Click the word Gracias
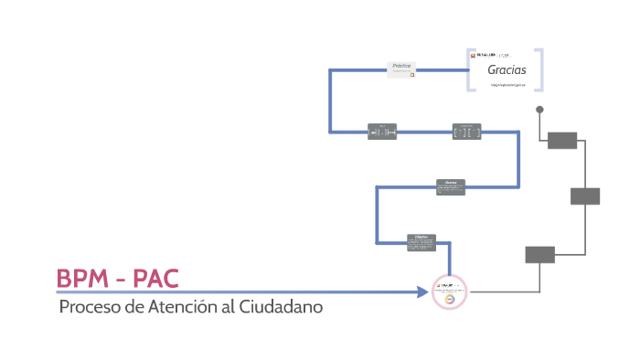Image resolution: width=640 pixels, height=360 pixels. (x=506, y=69)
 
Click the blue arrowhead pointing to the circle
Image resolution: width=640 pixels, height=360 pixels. (x=422, y=292)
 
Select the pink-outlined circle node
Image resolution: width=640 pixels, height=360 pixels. (x=449, y=292)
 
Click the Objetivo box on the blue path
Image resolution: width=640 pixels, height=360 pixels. (x=422, y=241)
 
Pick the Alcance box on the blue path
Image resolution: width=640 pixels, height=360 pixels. (x=451, y=186)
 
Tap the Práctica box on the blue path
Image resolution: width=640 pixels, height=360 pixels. (x=401, y=69)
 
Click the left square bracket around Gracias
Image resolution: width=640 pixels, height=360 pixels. (x=470, y=69)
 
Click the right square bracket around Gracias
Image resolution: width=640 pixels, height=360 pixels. (x=541, y=69)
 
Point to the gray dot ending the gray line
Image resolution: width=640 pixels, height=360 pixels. (x=539, y=110)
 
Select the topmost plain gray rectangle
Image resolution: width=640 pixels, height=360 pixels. (x=561, y=140)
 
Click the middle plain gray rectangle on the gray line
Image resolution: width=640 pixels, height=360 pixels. (x=585, y=196)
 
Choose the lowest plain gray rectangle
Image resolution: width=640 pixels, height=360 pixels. (x=539, y=255)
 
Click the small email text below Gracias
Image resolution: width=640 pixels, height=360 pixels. (x=506, y=84)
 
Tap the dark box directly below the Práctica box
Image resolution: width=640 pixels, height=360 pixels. (x=382, y=132)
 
